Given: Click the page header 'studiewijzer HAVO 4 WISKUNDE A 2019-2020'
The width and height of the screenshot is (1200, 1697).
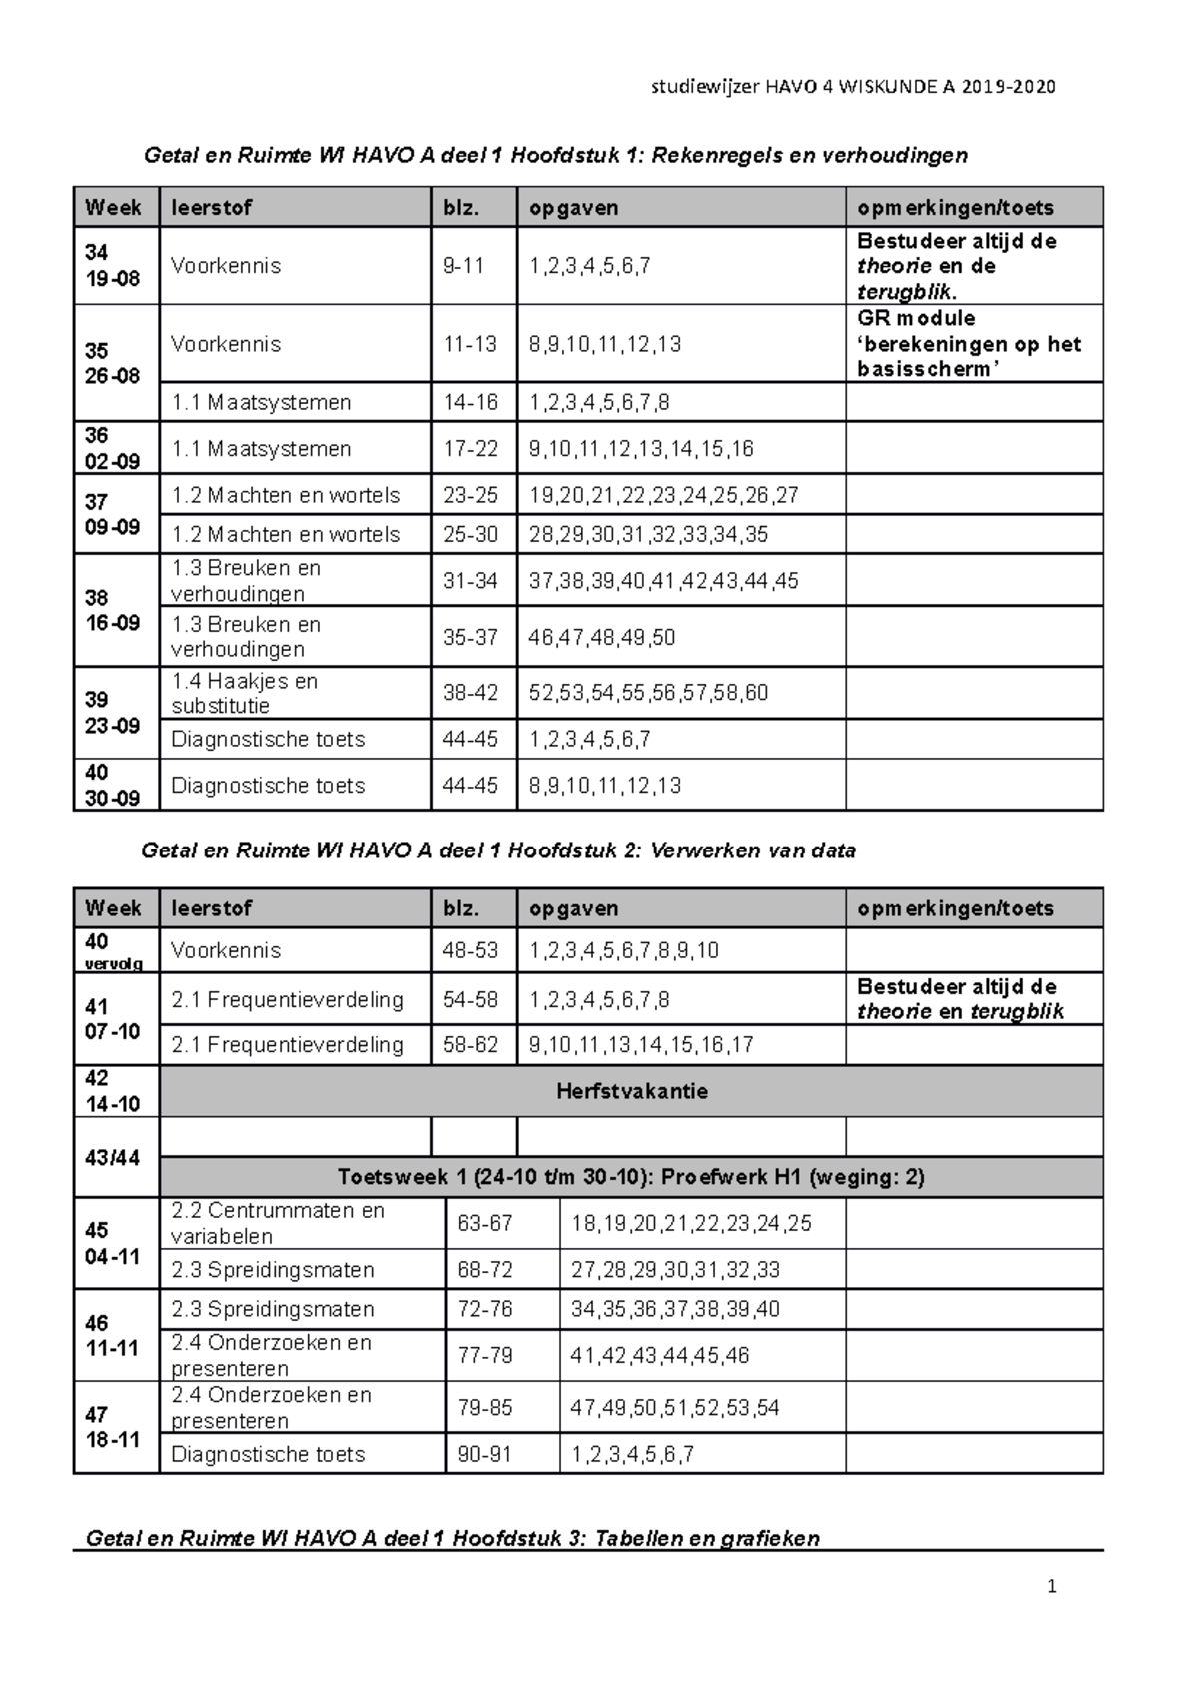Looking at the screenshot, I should pos(853,87).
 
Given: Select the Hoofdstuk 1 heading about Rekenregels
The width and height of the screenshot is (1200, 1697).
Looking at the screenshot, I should pos(556,155).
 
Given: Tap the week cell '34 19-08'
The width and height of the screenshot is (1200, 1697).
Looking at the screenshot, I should pos(113,265).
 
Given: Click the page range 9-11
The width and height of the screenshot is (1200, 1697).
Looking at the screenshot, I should pos(464,266).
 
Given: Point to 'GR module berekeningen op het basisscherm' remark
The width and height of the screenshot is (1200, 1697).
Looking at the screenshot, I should pos(968,344).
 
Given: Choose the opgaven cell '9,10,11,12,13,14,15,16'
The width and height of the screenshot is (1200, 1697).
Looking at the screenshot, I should pos(642,449).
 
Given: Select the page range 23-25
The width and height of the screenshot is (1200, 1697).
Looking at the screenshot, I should pos(471,495).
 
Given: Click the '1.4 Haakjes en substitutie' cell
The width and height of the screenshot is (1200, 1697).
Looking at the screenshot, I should pos(245,693).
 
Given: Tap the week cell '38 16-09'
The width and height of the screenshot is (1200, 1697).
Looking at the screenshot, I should pos(113,610).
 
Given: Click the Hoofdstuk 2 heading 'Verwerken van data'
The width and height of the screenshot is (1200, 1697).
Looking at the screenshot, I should pos(498,851).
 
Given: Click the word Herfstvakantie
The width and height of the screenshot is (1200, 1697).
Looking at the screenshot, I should pos(631,1091).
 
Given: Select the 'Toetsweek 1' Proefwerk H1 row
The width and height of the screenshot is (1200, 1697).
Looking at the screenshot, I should pos(631,1177).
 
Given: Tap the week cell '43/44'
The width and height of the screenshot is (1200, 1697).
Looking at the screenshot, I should pos(113,1158).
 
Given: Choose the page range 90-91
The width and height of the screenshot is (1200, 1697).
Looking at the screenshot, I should pos(484,1454).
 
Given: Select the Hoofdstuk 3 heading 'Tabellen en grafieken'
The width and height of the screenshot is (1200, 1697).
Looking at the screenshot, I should pos(452,1538).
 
